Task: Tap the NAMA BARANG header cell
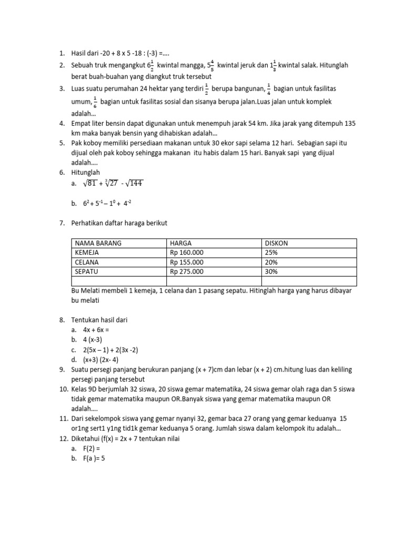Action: pos(98,243)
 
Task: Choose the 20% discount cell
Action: pos(271,262)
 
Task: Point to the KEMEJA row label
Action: pos(87,253)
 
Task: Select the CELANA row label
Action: pos(87,262)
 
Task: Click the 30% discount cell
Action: pos(271,272)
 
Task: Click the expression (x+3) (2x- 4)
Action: pos(102,360)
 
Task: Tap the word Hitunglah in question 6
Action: pos(86,172)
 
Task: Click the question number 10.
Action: pos(62,390)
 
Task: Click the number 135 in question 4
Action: pos(350,123)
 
